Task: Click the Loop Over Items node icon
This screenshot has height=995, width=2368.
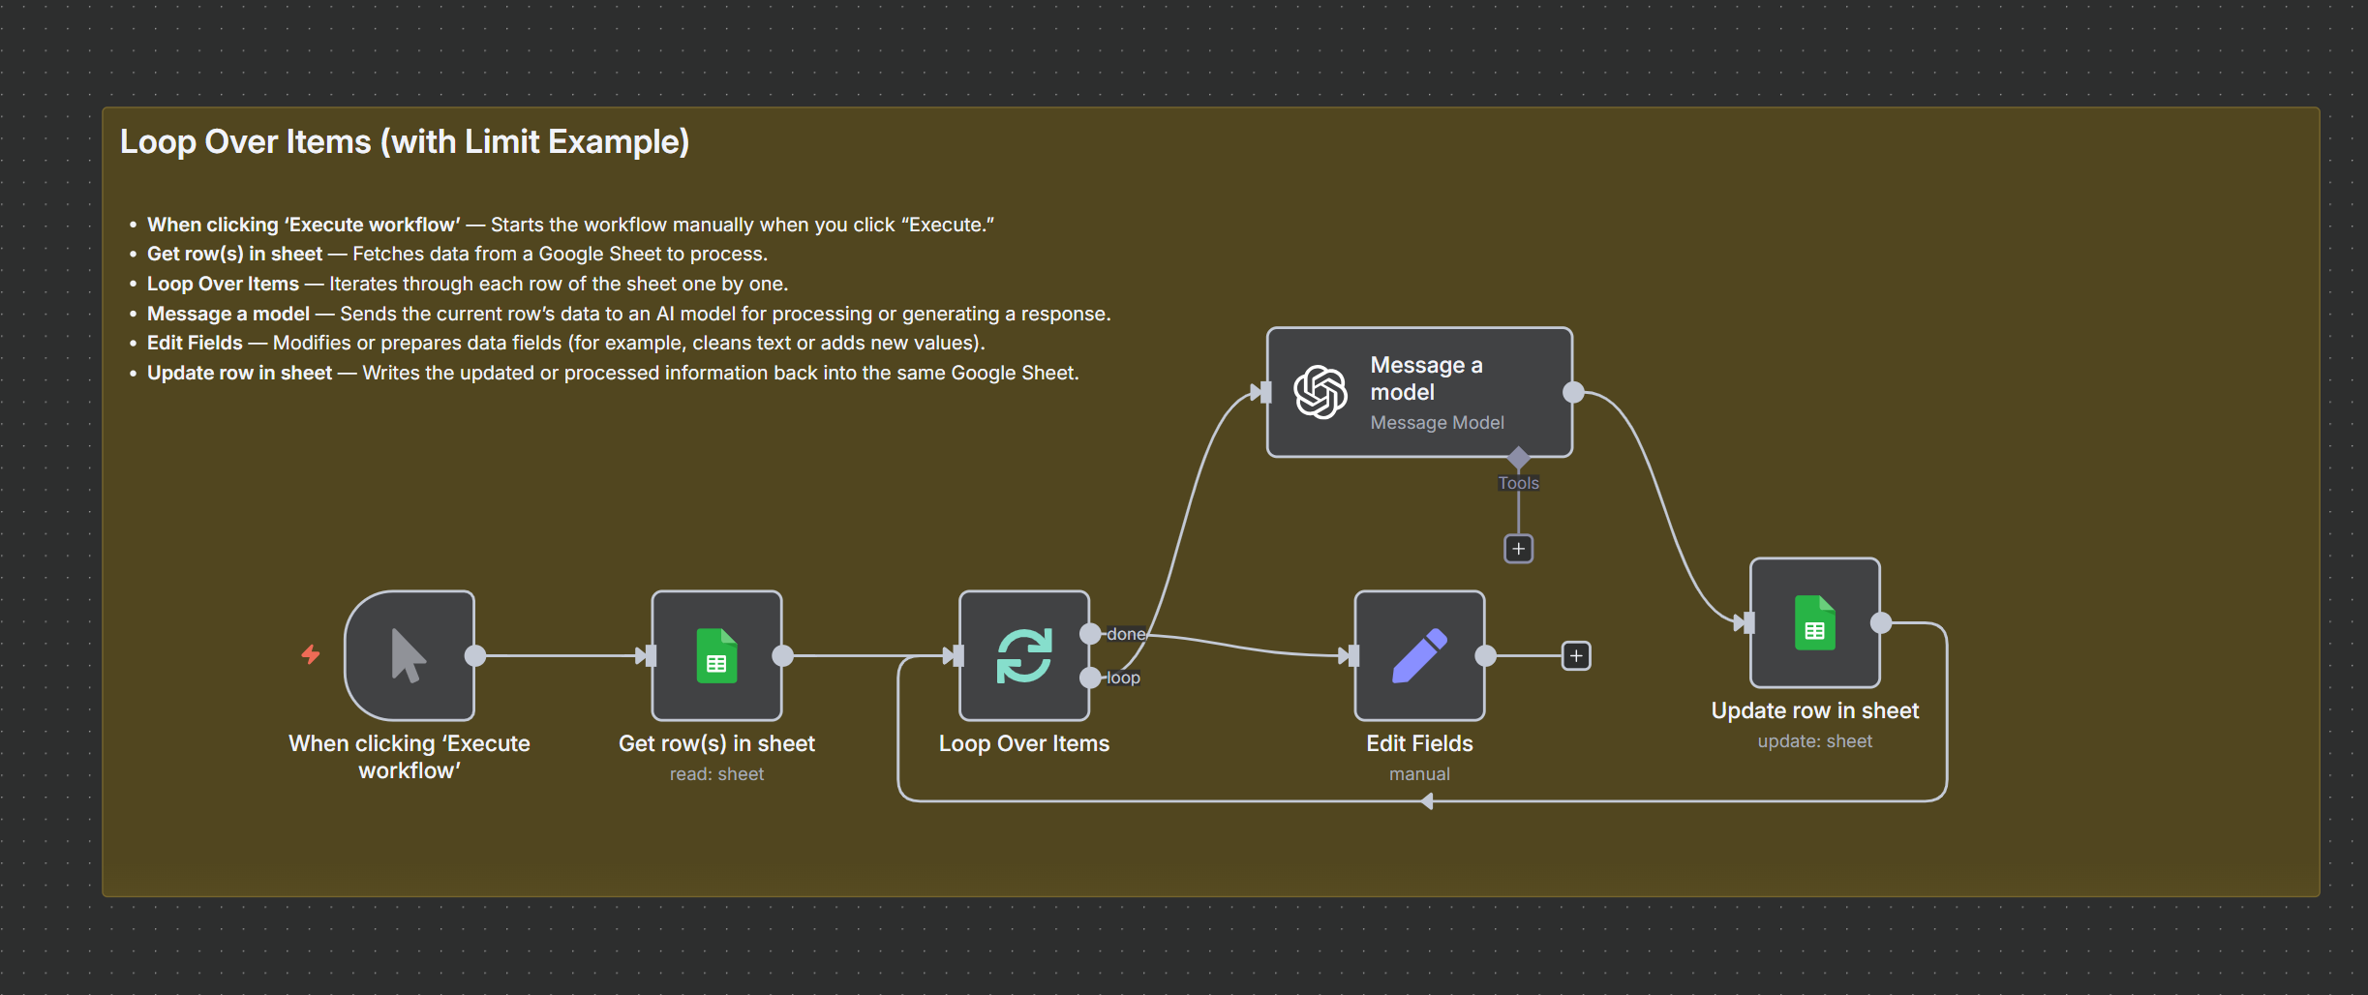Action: [x=1024, y=655]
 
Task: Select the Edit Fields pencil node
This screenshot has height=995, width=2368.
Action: [x=1419, y=655]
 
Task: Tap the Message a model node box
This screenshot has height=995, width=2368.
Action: [x=1419, y=392]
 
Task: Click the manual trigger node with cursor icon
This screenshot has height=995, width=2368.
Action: [x=409, y=655]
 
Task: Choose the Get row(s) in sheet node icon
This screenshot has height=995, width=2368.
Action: [x=716, y=655]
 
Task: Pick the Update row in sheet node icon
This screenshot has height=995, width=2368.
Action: [x=1814, y=622]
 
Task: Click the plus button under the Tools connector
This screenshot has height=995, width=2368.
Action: [x=1518, y=549]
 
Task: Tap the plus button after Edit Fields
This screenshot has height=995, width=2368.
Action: [x=1576, y=656]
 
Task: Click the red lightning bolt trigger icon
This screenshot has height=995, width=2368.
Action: [x=311, y=654]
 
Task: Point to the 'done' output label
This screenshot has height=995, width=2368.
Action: [x=1126, y=634]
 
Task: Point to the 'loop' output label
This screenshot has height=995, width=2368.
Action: [x=1123, y=678]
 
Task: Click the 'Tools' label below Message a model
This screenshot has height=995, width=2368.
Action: [x=1518, y=483]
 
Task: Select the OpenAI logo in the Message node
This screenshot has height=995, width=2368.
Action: [x=1321, y=392]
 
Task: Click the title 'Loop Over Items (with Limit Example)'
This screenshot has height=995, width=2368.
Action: [x=405, y=142]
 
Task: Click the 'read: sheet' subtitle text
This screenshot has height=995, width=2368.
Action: [x=716, y=774]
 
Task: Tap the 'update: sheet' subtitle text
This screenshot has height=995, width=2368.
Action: [x=1814, y=741]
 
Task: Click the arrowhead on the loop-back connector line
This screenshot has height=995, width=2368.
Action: [x=1427, y=801]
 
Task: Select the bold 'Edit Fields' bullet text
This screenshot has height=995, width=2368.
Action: [x=195, y=343]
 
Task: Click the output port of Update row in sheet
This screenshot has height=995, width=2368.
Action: [x=1881, y=622]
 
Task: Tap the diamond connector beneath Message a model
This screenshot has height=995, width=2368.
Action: [x=1518, y=457]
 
